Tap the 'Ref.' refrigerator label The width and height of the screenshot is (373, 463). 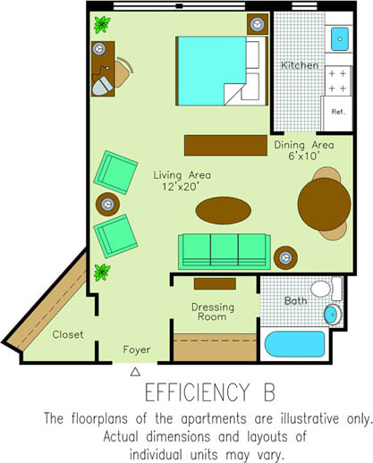pos(338,112)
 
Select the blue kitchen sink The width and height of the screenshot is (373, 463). pos(340,38)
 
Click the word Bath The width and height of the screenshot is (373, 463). pos(295,301)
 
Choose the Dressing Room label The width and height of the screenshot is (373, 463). pos(213,313)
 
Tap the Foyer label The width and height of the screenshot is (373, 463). pos(136,349)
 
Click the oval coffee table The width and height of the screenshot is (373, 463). pos(223,210)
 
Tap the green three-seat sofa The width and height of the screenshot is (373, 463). pos(224,251)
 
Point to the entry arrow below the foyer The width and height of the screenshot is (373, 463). pos(136,369)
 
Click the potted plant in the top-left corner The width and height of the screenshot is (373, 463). pos(101,23)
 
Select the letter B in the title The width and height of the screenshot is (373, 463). pos(268,393)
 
